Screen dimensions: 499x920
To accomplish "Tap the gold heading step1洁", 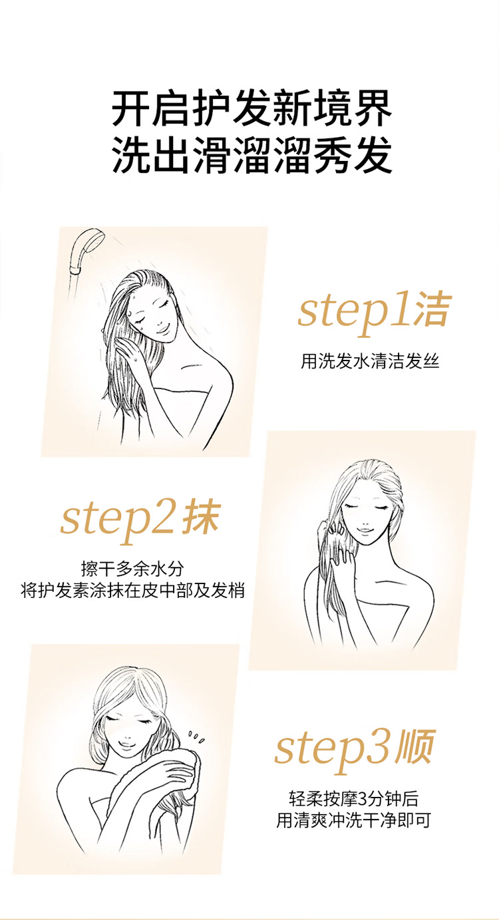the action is coord(374,313).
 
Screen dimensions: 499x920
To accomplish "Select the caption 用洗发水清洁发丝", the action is coord(370,361).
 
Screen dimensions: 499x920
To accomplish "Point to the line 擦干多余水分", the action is coord(132,569).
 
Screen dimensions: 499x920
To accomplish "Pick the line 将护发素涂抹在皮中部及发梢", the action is coord(132,591).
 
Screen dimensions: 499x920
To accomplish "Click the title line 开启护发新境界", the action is coord(251,110).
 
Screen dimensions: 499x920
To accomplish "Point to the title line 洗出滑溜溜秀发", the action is coord(251,155).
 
